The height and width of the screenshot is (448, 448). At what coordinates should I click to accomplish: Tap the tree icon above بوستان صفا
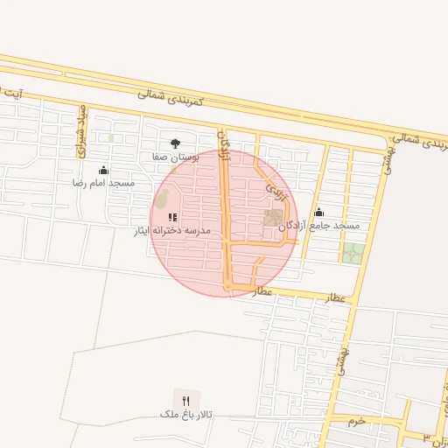175,143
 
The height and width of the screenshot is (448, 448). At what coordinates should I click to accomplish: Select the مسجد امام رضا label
103,183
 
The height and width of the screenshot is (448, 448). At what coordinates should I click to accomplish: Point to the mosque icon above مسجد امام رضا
103,170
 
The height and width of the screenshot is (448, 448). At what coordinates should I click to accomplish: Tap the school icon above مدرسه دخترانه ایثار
172,217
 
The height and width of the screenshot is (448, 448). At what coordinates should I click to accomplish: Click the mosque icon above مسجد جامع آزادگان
318,212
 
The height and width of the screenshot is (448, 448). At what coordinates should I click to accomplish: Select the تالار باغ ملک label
185,413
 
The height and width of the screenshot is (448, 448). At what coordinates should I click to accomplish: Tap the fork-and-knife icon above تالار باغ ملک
185,400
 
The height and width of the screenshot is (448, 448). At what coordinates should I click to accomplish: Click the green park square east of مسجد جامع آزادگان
353,254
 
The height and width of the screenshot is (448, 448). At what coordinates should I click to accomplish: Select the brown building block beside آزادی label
275,217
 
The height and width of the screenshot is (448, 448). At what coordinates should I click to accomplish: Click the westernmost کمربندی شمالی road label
170,96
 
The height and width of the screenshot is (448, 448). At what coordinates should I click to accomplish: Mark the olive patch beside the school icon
161,200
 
